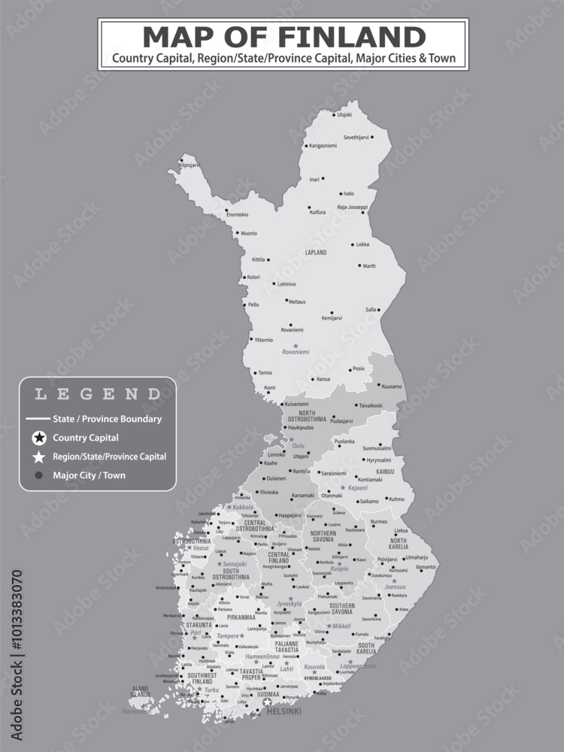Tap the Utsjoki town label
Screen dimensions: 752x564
(344, 114)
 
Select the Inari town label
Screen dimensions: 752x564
(314, 180)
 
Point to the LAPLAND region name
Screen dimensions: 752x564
(316, 253)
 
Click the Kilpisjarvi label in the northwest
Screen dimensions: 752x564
(190, 165)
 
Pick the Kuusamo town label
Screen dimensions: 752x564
(392, 387)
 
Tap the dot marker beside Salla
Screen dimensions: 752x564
(379, 310)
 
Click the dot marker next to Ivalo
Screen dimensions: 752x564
(339, 193)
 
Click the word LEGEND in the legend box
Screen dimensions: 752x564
(98, 393)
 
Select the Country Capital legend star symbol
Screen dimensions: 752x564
(39, 438)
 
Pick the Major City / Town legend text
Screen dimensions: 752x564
(89, 475)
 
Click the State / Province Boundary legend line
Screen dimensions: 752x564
(36, 419)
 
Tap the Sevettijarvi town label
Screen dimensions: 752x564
(356, 138)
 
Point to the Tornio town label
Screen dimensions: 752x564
(265, 373)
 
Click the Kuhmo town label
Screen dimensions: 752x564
(396, 499)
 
